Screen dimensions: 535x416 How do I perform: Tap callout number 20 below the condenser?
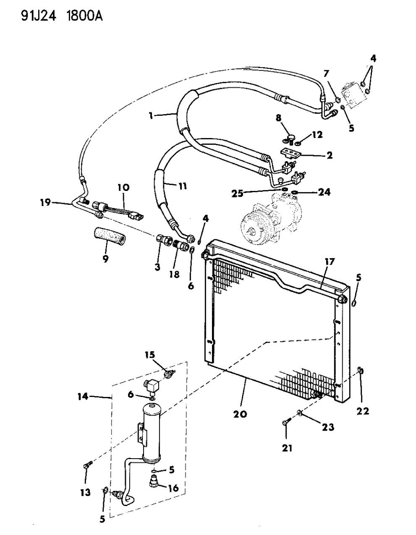(241, 414)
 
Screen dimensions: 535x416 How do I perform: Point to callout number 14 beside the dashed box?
(83, 396)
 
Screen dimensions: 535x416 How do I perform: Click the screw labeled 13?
(87, 465)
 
